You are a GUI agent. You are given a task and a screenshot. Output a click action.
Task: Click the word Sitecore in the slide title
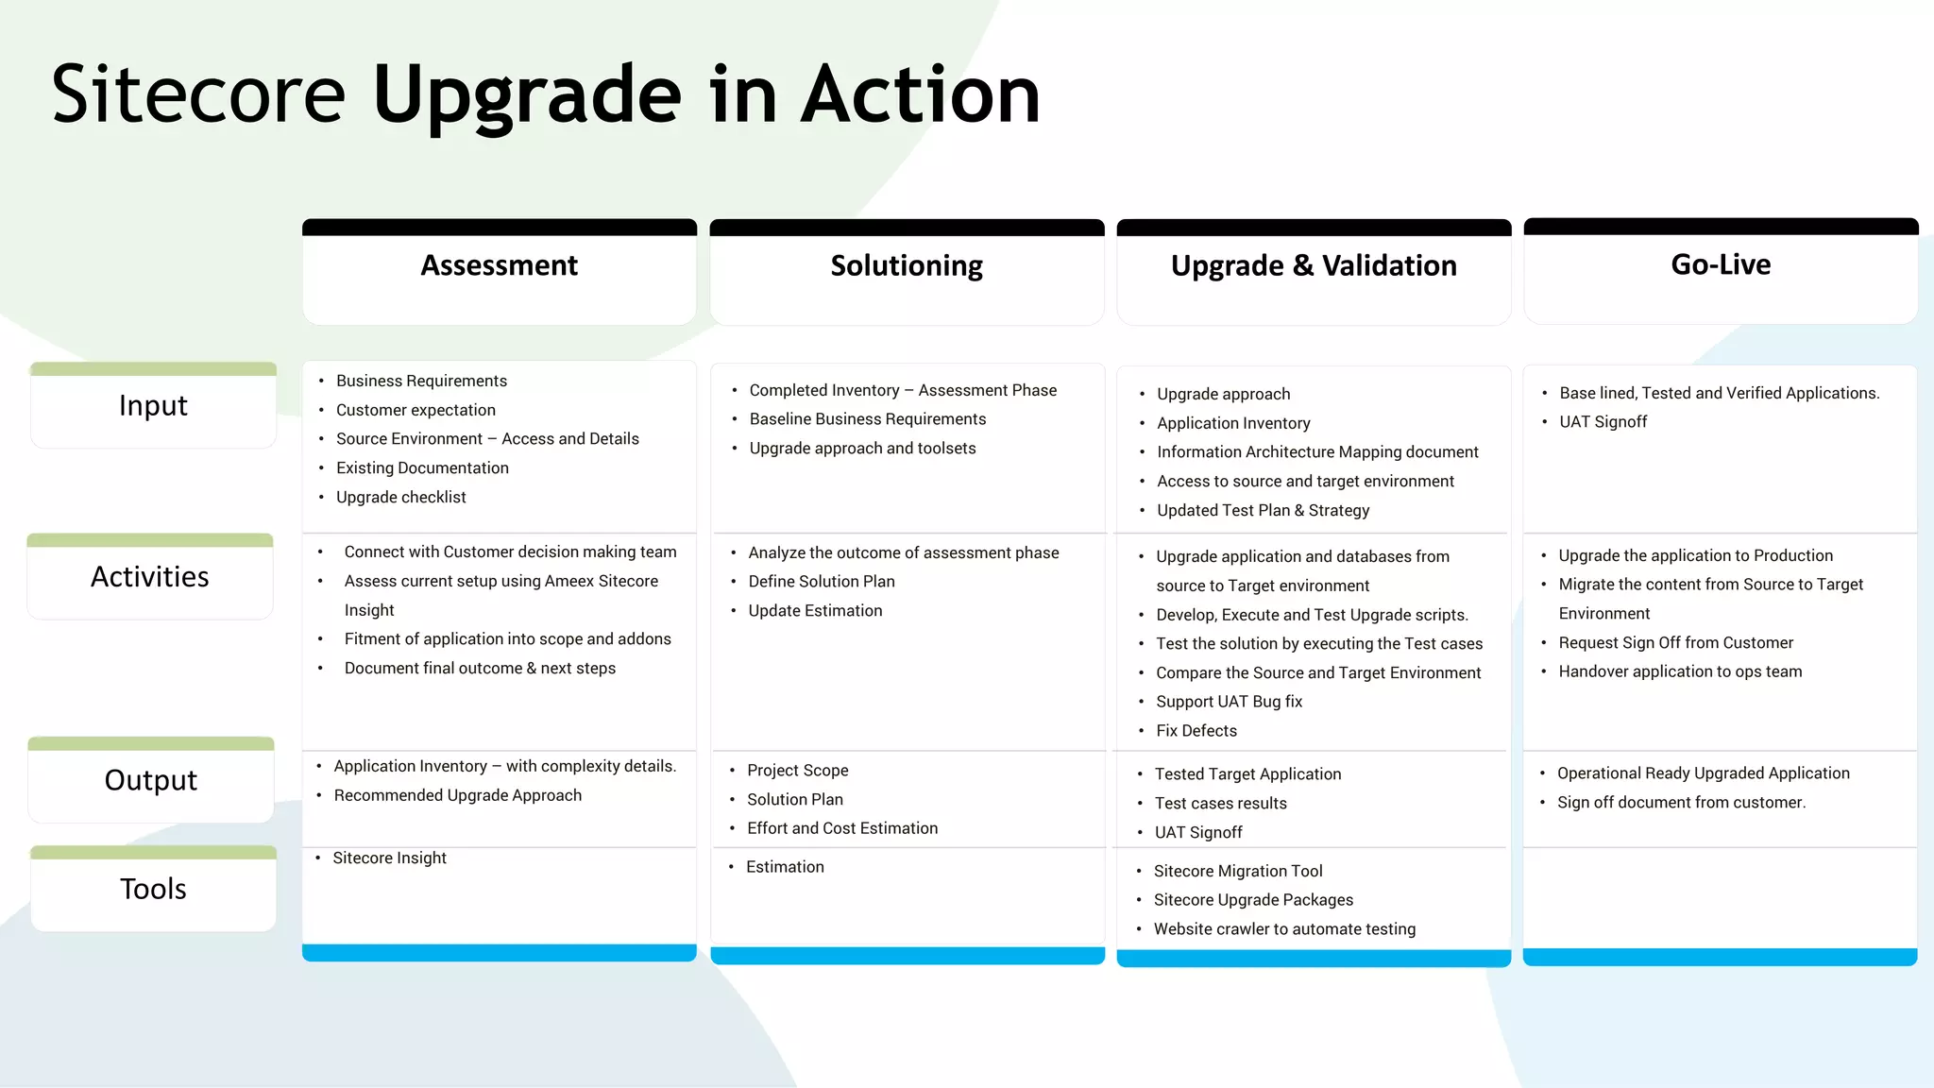click(198, 94)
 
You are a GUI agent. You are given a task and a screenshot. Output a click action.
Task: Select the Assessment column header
click(499, 265)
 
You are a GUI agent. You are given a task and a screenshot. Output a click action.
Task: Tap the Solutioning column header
click(907, 265)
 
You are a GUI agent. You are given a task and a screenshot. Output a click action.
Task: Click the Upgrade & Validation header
click(1314, 265)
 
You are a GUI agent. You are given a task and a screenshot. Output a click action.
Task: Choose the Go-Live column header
click(1721, 264)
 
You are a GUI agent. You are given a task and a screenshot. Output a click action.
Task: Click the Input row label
click(153, 405)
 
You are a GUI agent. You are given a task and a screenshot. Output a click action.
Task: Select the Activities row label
click(150, 577)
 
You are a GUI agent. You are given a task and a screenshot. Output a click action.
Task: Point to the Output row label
click(151, 780)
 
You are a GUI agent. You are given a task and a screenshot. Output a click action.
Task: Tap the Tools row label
click(153, 889)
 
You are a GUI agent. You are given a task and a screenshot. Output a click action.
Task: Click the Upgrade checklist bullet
click(400, 497)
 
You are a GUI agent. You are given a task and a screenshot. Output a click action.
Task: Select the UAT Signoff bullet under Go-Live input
click(1603, 422)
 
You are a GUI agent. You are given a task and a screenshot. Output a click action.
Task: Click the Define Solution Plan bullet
click(822, 582)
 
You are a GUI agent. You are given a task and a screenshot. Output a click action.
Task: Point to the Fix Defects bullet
click(1196, 731)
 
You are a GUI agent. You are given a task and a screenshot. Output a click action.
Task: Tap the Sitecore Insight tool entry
click(389, 858)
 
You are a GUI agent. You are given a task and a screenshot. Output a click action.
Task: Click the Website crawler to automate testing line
click(1284, 929)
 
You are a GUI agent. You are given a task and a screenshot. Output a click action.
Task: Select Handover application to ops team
click(1680, 671)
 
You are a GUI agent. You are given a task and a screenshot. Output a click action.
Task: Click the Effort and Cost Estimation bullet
click(842, 828)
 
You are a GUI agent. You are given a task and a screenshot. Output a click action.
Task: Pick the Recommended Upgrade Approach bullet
click(457, 795)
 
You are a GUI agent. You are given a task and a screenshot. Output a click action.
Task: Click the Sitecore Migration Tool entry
click(1238, 871)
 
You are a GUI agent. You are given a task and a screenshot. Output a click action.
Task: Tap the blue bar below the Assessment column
click(499, 953)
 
